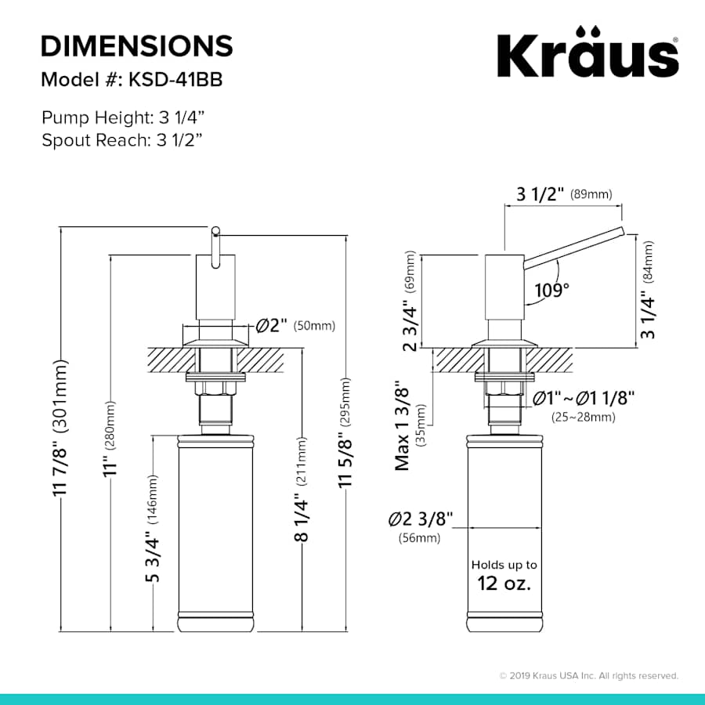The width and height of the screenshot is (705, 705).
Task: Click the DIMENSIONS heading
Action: coord(137,45)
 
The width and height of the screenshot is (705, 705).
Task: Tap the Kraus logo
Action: coord(587,53)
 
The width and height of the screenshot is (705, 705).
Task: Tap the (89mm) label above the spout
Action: coord(591,194)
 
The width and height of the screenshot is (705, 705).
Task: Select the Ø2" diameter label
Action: coord(273,325)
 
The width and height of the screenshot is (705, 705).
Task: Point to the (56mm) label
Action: coord(419,538)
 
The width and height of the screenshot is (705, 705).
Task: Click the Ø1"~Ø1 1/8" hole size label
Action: coord(583,398)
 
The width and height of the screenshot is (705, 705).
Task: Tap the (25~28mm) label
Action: coord(583,417)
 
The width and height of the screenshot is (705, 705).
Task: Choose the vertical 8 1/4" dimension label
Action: coord(302,517)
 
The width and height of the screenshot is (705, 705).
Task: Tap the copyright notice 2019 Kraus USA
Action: coord(589,675)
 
